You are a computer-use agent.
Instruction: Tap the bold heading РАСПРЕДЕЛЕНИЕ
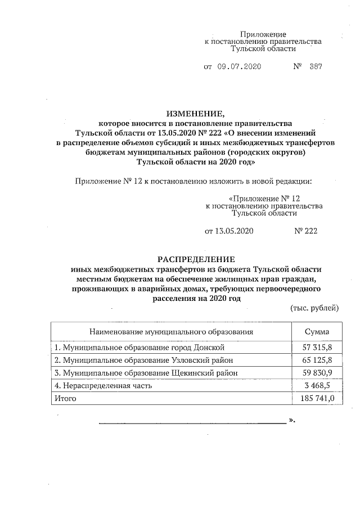click(x=195, y=259)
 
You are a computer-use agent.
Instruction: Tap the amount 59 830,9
click(x=314, y=372)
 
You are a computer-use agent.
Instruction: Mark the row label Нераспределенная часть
click(x=101, y=385)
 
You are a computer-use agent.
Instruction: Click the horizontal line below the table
click(x=191, y=421)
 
